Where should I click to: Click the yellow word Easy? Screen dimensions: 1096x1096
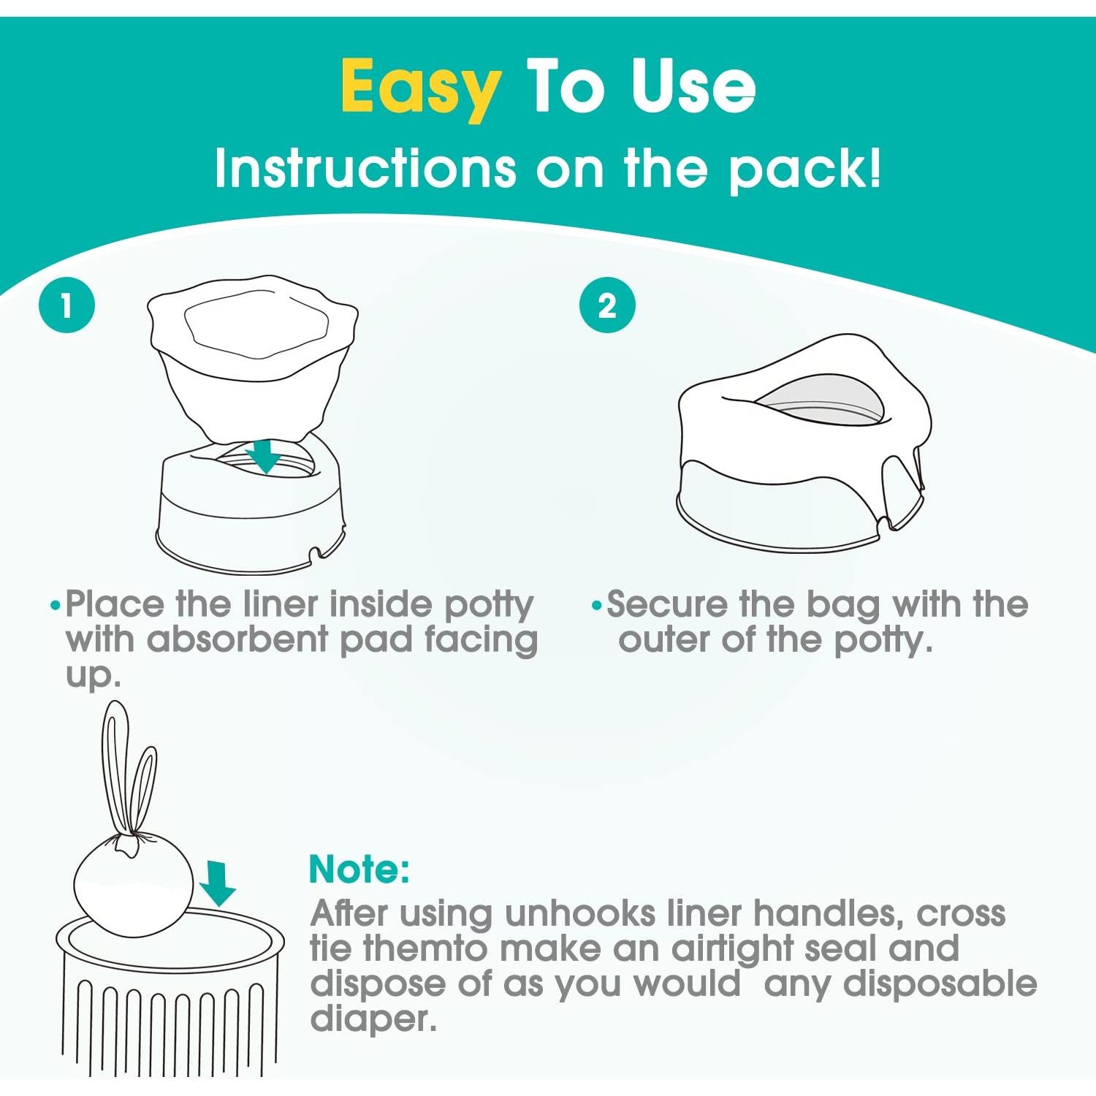click(x=421, y=88)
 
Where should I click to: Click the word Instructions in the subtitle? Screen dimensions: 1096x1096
click(x=365, y=170)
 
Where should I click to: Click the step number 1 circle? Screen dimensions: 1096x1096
click(x=66, y=305)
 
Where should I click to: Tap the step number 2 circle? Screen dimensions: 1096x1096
click(x=607, y=305)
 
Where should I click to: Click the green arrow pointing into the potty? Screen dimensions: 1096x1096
click(x=264, y=456)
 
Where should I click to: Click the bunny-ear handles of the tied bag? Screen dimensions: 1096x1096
click(x=128, y=775)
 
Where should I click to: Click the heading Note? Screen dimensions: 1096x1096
click(x=359, y=869)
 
